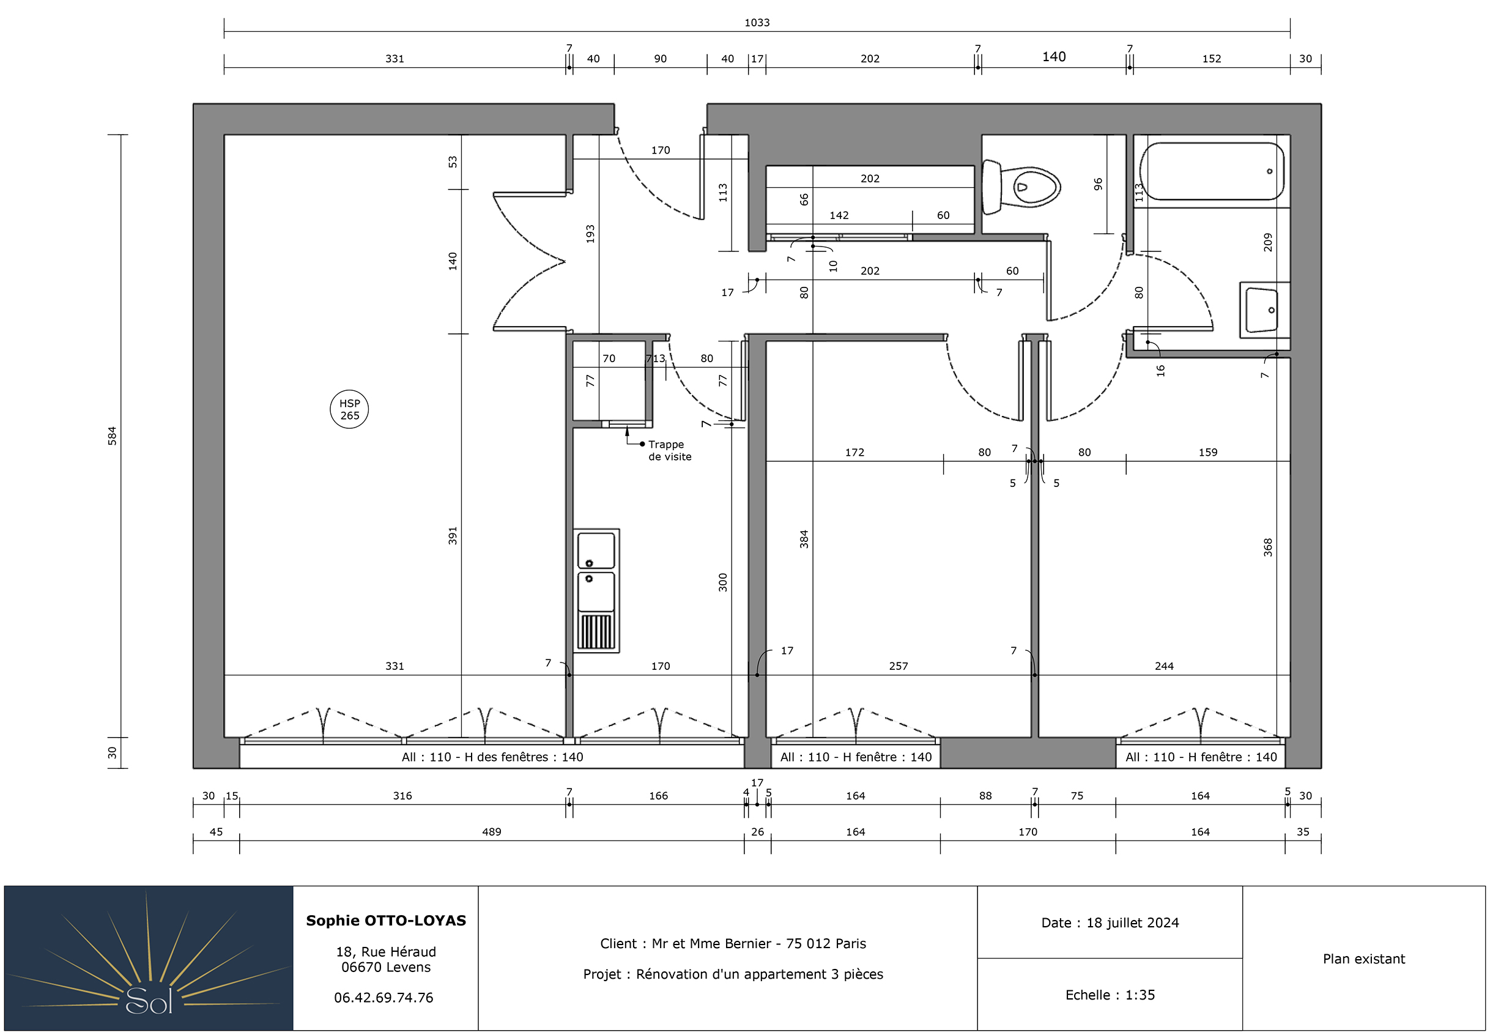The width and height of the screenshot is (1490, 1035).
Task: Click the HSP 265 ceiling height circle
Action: point(349,409)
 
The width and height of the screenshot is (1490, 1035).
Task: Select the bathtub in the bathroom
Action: point(1211,171)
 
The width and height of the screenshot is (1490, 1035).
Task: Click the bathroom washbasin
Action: point(1264,310)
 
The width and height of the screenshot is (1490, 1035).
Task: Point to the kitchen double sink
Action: point(596,590)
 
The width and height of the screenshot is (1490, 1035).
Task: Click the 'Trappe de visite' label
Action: point(669,450)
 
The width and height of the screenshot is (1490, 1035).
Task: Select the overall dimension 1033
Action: point(757,23)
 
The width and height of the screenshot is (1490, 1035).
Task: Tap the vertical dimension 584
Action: point(112,435)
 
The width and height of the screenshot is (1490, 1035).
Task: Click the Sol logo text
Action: point(149,1001)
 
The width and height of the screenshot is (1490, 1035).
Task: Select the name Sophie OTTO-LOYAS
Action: point(386,920)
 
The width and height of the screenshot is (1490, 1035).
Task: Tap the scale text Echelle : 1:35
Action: point(1110,995)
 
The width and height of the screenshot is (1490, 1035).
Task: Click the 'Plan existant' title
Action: point(1363,959)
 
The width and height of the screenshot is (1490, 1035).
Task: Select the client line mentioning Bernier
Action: point(733,944)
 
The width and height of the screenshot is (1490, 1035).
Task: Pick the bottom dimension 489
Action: point(492,831)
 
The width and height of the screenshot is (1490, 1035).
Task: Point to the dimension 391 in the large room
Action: point(453,535)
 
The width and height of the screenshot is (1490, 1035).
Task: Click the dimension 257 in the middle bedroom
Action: point(898,666)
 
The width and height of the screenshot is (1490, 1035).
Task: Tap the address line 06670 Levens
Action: point(386,967)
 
